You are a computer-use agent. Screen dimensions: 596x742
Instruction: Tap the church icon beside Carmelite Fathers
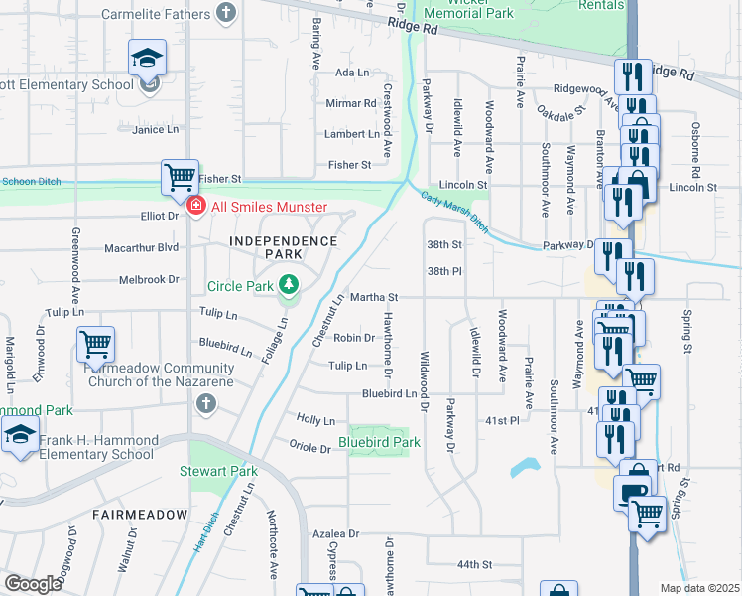227,14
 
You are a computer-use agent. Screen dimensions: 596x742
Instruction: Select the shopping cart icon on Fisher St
181,177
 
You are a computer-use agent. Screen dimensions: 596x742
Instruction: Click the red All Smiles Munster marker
196,206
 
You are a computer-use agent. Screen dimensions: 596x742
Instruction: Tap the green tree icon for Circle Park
289,286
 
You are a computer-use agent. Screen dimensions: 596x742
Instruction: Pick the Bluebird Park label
379,442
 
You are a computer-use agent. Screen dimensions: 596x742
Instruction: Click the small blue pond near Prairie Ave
526,467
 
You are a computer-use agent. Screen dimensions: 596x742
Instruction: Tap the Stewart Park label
218,471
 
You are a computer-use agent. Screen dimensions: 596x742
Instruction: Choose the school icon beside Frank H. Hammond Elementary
20,436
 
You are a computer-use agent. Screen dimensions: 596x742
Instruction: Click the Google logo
33,583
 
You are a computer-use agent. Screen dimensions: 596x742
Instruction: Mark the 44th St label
475,564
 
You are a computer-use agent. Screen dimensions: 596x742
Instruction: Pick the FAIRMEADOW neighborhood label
140,515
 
